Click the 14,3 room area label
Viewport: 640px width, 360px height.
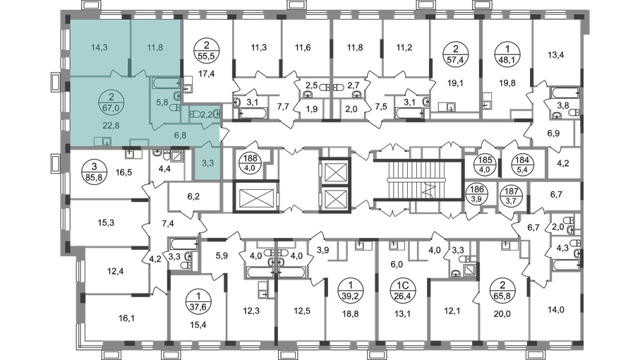(x=99, y=49)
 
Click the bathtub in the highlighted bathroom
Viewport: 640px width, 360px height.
(x=168, y=84)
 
